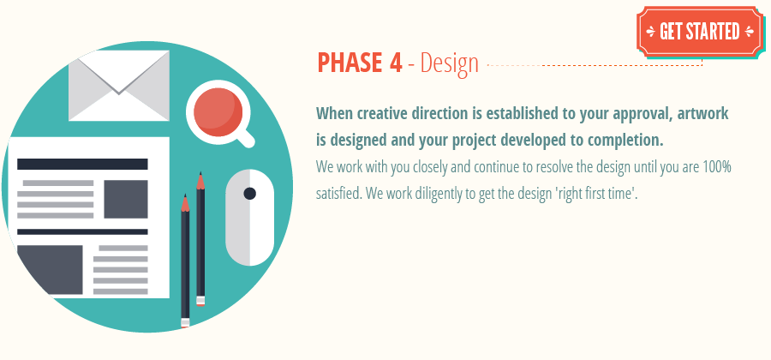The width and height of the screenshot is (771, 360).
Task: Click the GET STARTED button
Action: tap(700, 32)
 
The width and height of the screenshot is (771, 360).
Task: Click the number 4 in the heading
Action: tap(393, 63)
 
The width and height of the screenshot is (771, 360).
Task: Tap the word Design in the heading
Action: tap(449, 64)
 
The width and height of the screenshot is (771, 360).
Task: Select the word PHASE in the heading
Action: tap(350, 63)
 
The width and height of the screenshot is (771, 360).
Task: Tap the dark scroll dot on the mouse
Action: tap(249, 194)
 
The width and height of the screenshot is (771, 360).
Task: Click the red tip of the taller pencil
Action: tap(200, 181)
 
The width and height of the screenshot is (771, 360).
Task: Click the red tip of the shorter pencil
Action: tap(184, 203)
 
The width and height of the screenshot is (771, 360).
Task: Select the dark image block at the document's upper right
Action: tap(126, 199)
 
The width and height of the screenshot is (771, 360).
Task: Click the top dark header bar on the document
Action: tap(82, 164)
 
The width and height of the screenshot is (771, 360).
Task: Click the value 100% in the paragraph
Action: tap(716, 166)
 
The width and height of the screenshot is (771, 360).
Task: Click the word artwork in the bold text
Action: tap(706, 113)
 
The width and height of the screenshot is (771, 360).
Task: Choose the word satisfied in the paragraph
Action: tap(338, 193)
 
